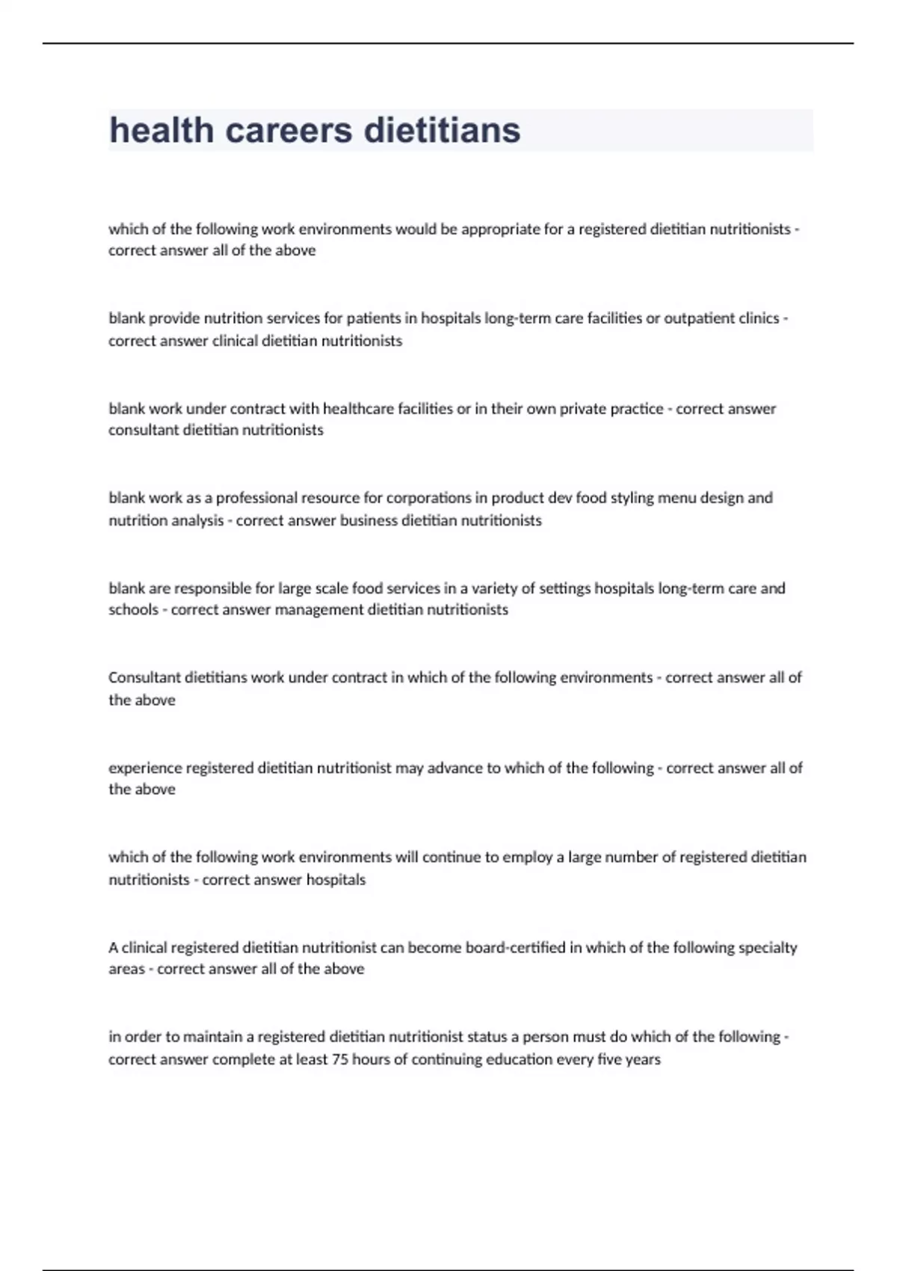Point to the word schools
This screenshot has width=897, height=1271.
(x=133, y=610)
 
